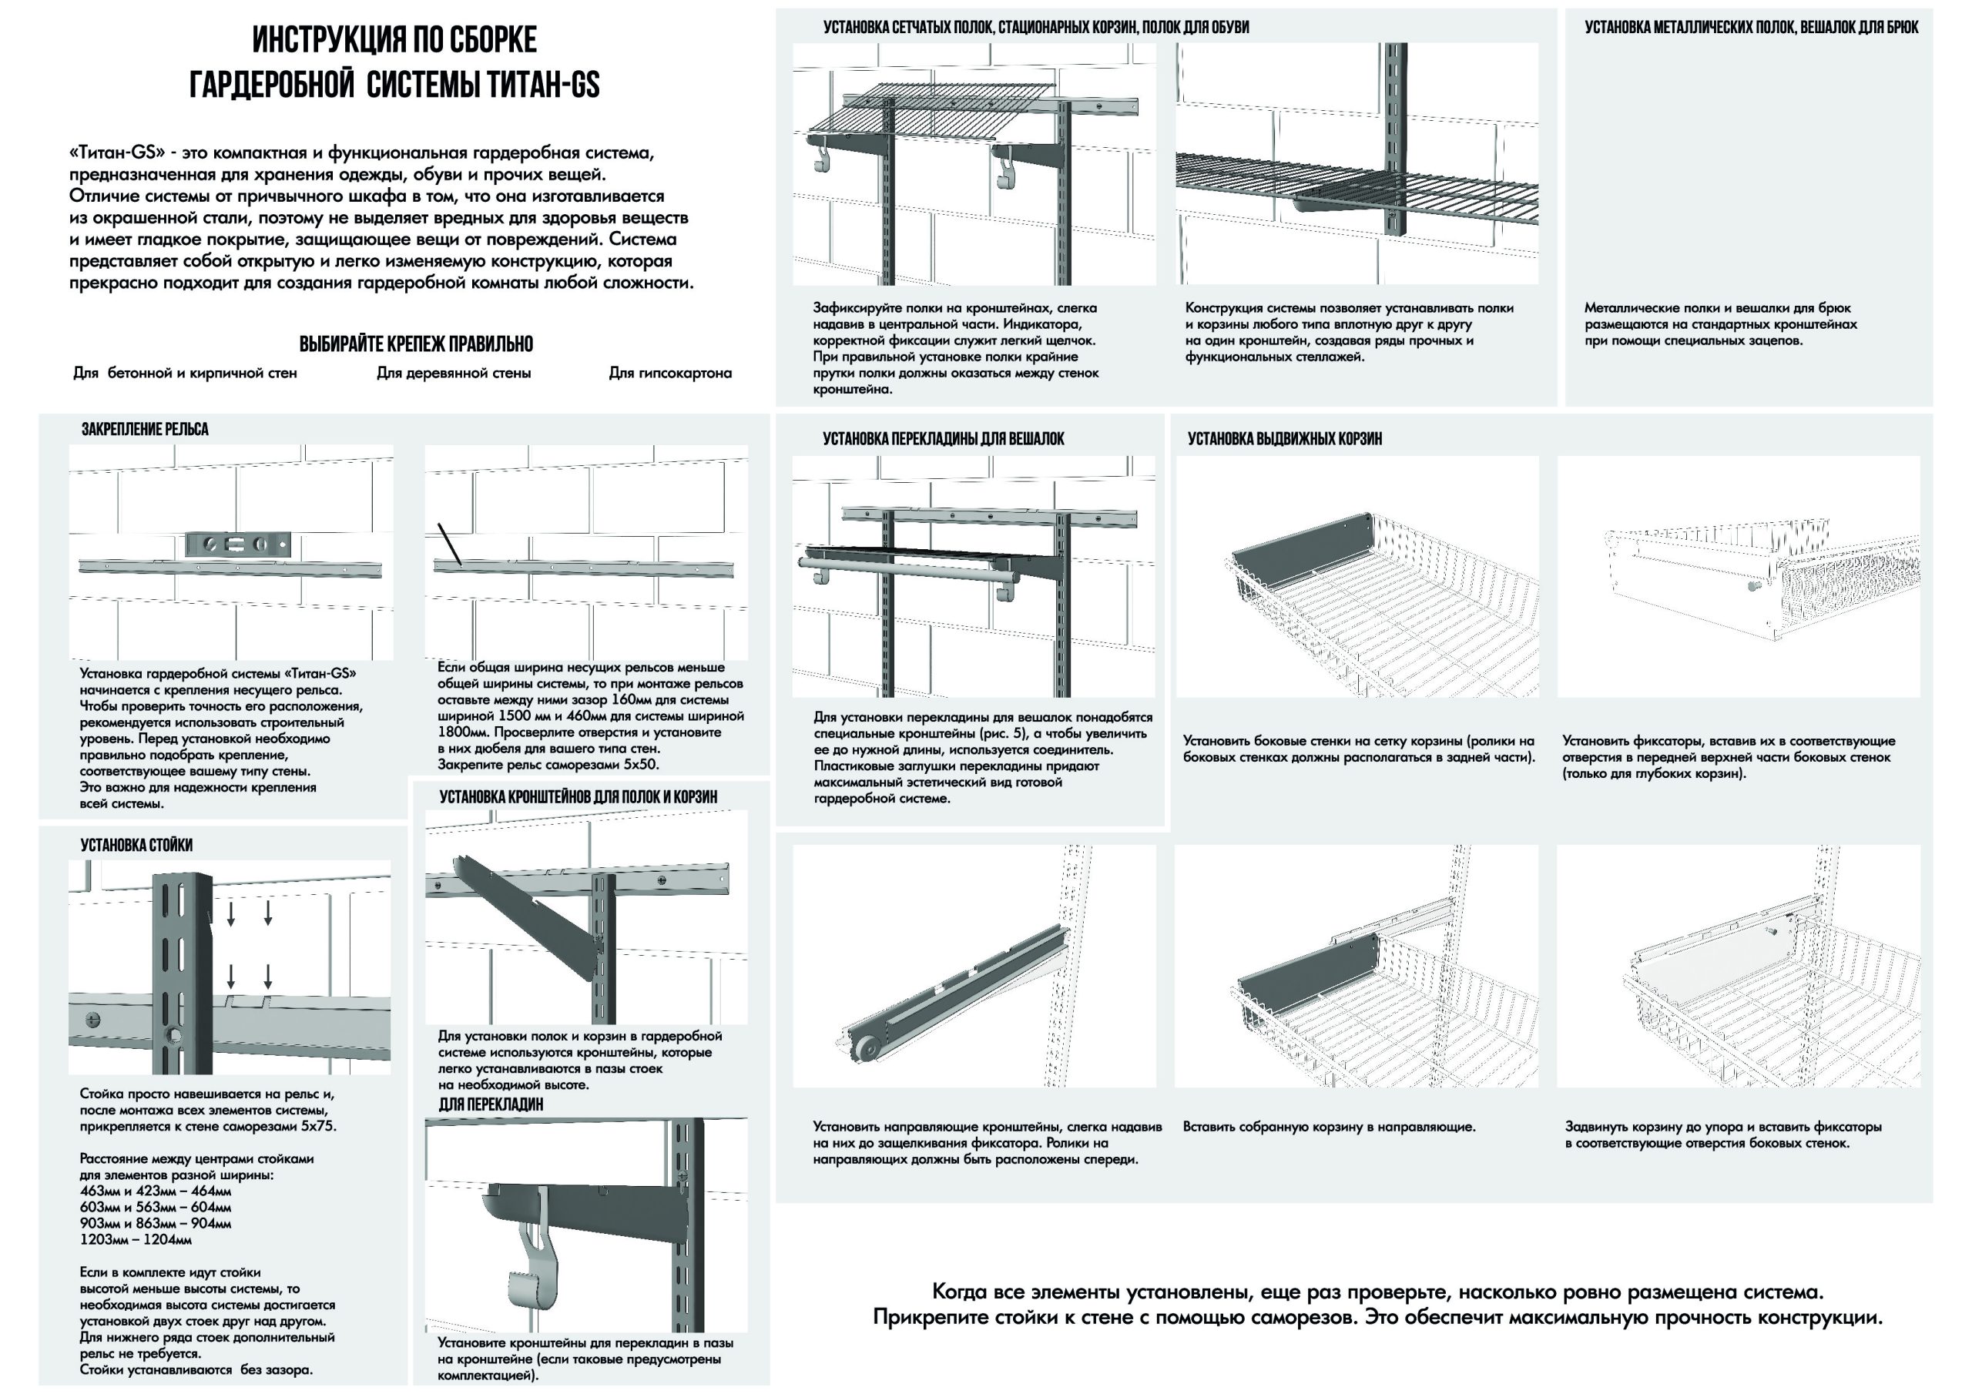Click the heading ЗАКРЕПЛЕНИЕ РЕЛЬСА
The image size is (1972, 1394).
pyautogui.click(x=144, y=430)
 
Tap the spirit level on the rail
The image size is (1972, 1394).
pyautogui.click(x=239, y=544)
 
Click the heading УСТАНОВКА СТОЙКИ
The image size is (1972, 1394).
pyautogui.click(x=136, y=845)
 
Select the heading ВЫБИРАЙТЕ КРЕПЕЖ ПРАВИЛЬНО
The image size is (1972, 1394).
pyautogui.click(x=416, y=344)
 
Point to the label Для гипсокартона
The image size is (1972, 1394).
pyautogui.click(x=670, y=373)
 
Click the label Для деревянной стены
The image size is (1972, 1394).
pyautogui.click(x=454, y=373)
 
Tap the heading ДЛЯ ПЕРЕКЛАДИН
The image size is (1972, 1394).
pyautogui.click(x=491, y=1104)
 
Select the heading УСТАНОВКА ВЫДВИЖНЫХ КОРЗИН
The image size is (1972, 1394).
pyautogui.click(x=1285, y=439)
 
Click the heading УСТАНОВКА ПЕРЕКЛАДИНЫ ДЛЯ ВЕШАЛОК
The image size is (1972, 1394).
pyautogui.click(x=943, y=439)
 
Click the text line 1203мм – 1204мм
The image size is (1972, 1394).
pyautogui.click(x=136, y=1239)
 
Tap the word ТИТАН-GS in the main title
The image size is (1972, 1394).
pyautogui.click(x=543, y=84)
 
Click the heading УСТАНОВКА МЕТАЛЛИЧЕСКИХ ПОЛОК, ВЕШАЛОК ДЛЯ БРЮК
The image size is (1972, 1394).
pyautogui.click(x=1751, y=28)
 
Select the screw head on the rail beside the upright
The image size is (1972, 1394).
pyautogui.click(x=92, y=1020)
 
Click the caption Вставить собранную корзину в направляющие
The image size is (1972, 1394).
pyautogui.click(x=1329, y=1127)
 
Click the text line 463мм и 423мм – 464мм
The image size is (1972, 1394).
pyautogui.click(x=156, y=1191)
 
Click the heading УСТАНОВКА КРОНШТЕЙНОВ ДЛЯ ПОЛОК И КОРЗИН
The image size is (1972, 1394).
pyautogui.click(x=578, y=797)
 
